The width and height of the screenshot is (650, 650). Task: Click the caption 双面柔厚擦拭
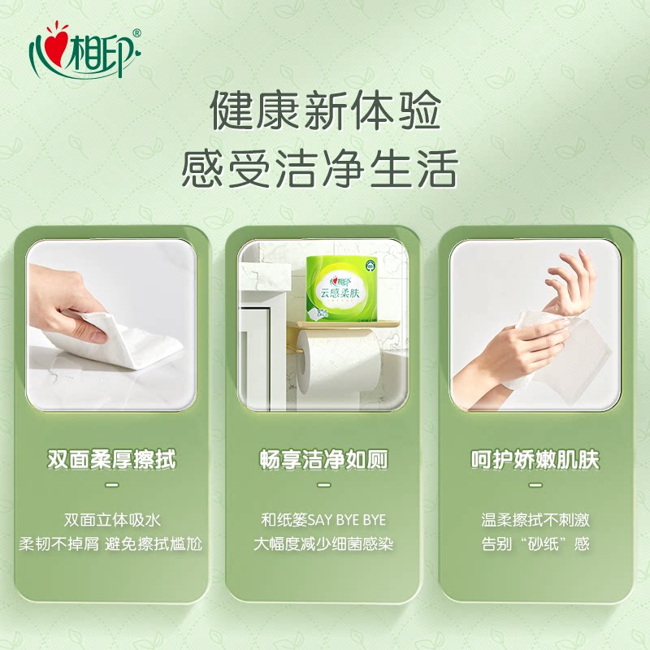tap(112, 461)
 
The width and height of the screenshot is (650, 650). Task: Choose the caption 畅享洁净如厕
tap(323, 461)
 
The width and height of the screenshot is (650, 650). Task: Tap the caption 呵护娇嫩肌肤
tap(535, 461)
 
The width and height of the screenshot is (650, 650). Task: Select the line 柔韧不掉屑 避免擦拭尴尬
tap(112, 544)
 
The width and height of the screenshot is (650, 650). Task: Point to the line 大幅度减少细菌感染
tap(323, 544)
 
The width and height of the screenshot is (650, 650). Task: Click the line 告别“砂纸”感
tap(535, 544)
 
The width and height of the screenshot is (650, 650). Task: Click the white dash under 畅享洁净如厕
tap(323, 485)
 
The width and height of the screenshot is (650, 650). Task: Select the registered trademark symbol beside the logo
tap(136, 33)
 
